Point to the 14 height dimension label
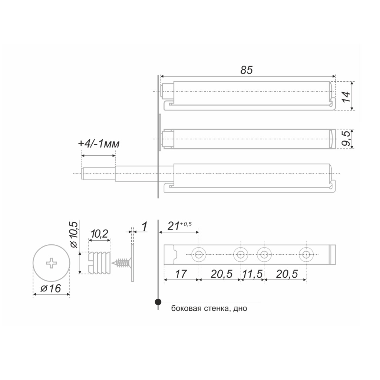click(346, 96)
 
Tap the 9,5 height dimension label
click(346, 138)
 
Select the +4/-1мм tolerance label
click(99, 143)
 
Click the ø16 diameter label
click(51, 288)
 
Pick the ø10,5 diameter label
click(74, 235)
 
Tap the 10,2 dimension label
click(99, 234)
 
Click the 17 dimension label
click(181, 274)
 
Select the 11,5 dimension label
click(252, 274)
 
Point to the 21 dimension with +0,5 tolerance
click(179, 226)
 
